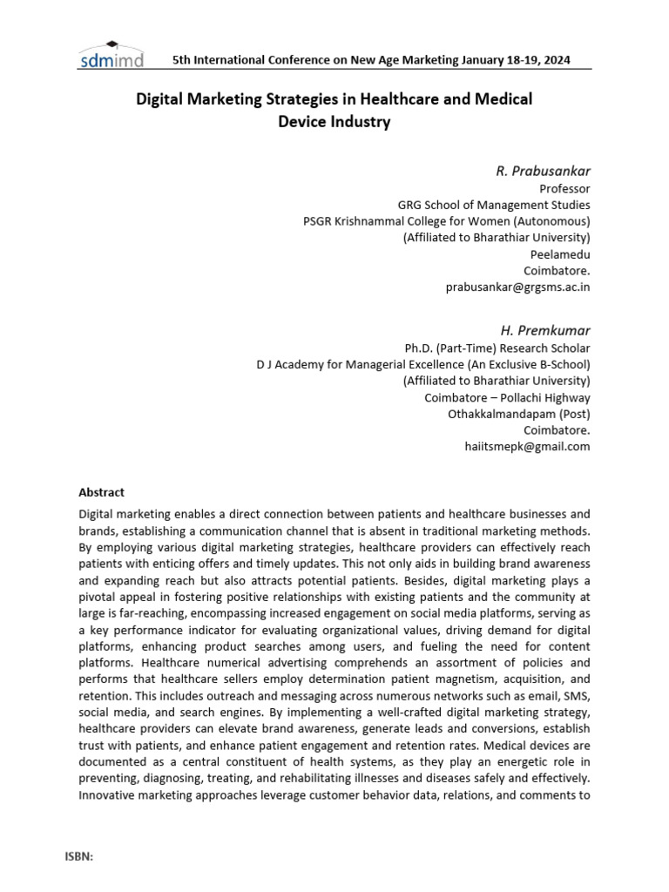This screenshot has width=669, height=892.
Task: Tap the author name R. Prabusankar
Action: coord(543,170)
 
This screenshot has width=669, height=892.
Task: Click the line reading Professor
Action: coord(565,188)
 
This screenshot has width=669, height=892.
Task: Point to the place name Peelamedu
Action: coord(560,253)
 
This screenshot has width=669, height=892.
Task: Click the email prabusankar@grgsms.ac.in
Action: coord(517,287)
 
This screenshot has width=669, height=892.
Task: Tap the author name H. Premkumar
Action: coord(544,330)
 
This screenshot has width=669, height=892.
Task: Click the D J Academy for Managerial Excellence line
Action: coord(422,364)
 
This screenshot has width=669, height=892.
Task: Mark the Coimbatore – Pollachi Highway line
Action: coord(507,397)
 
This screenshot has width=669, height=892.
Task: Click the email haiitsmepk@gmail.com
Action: coord(527,446)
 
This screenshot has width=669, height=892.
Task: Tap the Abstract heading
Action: coord(101,492)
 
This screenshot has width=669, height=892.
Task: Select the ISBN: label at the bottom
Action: coord(78,856)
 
